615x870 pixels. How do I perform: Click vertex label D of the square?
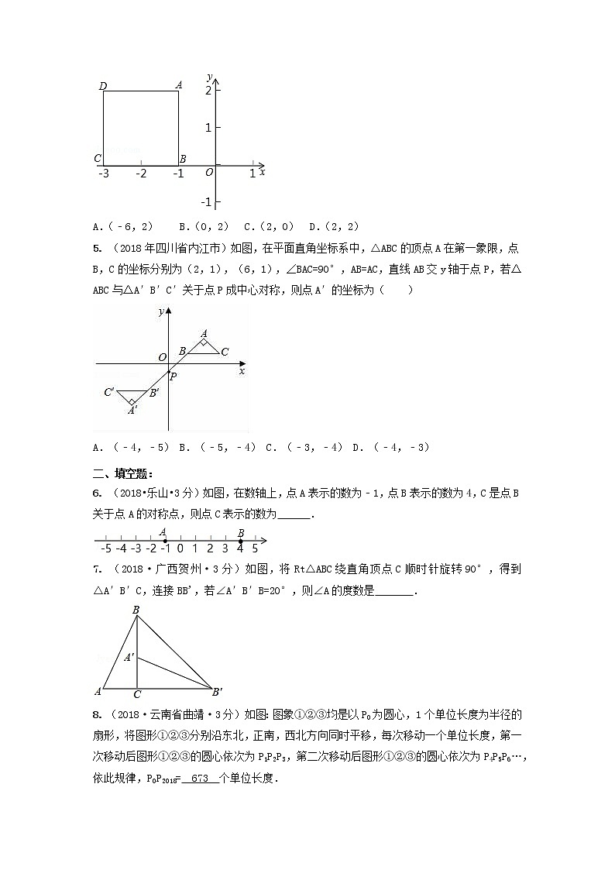(103, 85)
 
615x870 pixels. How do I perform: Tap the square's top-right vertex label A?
(179, 85)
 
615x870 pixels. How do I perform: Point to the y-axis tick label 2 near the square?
(208, 91)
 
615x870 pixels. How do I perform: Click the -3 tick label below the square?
(103, 174)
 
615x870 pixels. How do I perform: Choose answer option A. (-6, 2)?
(122, 227)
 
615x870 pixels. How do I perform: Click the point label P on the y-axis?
(174, 376)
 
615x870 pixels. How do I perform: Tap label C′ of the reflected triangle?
(109, 392)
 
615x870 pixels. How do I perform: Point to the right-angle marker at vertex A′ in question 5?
(132, 402)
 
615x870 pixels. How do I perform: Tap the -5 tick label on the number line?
(105, 548)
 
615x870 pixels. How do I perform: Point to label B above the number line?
(241, 532)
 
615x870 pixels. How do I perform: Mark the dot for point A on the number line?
(165, 540)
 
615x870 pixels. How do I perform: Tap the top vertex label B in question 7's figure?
(136, 610)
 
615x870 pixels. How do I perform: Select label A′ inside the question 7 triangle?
(129, 658)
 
